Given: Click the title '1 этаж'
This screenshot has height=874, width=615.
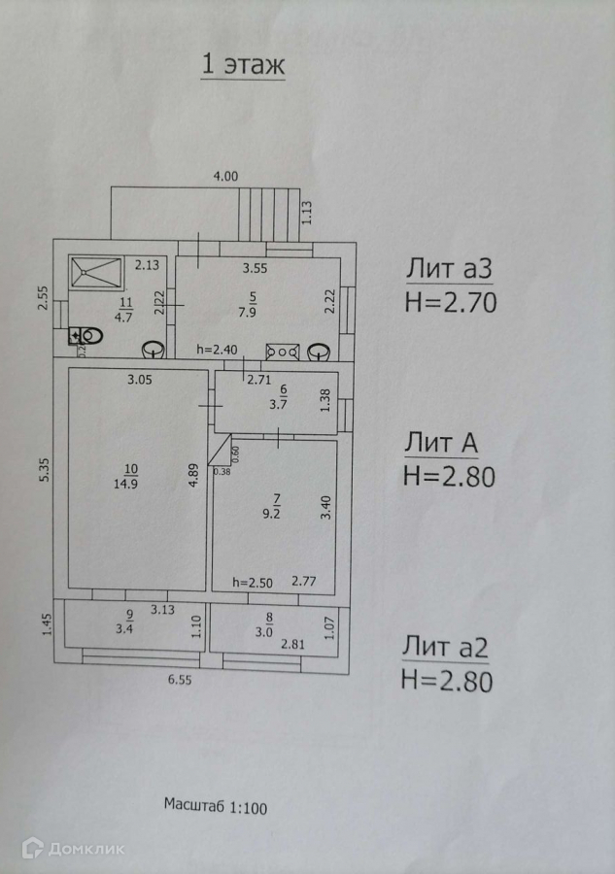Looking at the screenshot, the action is [242, 65].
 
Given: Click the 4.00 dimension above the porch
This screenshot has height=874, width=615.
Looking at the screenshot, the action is [225, 176].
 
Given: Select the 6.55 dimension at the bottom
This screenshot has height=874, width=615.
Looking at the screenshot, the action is [179, 681].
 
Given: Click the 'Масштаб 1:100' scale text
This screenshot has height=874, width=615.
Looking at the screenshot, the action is [215, 805].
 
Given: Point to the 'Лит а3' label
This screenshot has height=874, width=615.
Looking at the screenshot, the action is [450, 267].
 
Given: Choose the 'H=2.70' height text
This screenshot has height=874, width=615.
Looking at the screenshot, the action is [450, 302].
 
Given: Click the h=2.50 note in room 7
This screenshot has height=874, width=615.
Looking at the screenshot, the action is [253, 583].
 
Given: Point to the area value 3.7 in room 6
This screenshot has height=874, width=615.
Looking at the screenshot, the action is [272, 404].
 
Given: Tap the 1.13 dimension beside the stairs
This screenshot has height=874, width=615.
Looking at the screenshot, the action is [306, 213].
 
